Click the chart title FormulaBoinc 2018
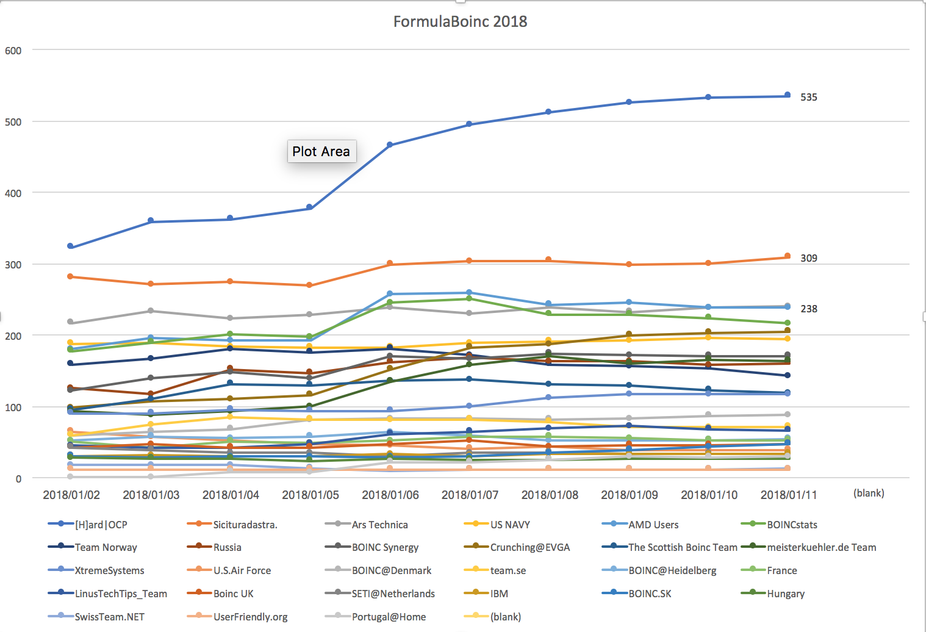pyautogui.click(x=460, y=22)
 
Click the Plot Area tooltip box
pyautogui.click(x=321, y=151)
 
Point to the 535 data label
pyautogui.click(x=809, y=97)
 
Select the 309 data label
pyautogui.click(x=809, y=258)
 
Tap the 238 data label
pyautogui.click(x=809, y=309)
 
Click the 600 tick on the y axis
pyautogui.click(x=13, y=51)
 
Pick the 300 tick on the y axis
pyautogui.click(x=13, y=265)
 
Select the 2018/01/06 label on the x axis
pyautogui.click(x=390, y=495)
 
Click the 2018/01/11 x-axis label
pyautogui.click(x=789, y=495)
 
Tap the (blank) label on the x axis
pyautogui.click(x=869, y=493)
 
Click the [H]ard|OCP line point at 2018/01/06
pyautogui.click(x=390, y=145)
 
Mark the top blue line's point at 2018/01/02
pyautogui.click(x=71, y=246)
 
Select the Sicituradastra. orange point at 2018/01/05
pyautogui.click(x=310, y=285)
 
